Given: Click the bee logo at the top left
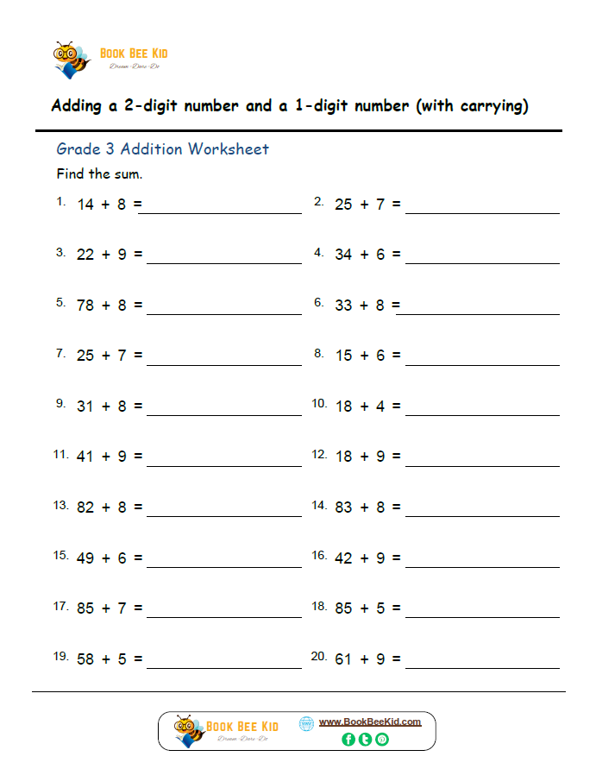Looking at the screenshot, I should tap(72, 59).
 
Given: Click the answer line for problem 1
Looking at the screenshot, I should tap(224, 211).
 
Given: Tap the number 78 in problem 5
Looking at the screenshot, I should tap(85, 306).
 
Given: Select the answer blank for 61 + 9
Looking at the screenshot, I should tap(482, 667).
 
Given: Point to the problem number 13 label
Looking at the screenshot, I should tap(60, 505).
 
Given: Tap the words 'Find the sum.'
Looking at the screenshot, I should tap(99, 174).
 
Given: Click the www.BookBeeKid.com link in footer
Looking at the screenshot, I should tap(370, 722).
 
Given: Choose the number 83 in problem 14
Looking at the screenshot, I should tap(344, 507).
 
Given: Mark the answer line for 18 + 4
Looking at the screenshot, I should tap(482, 415).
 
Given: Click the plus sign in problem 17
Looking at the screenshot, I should tap(106, 608).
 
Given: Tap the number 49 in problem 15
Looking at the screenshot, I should tap(85, 558).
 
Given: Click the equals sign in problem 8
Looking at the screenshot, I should tap(397, 356).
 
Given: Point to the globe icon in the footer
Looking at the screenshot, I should tap(306, 724).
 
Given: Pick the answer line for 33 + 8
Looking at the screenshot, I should tap(477, 314).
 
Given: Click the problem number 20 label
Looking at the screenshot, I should tap(318, 656).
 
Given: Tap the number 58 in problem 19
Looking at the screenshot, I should tap(85, 659).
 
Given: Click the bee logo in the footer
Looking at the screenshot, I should tap(189, 731).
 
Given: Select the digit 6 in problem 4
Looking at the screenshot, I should tap(380, 255).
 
